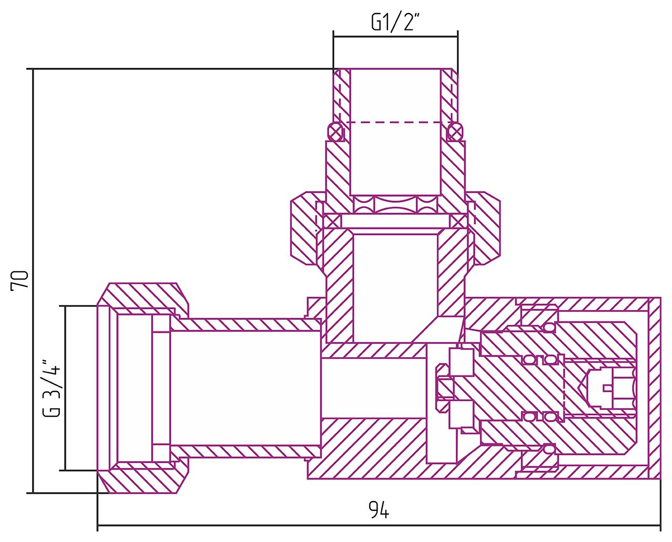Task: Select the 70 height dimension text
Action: [19, 280]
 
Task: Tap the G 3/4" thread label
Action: [52, 388]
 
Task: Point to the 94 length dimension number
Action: [379, 510]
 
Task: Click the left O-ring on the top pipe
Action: [335, 131]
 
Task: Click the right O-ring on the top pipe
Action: [455, 131]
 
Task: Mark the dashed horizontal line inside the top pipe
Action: [394, 122]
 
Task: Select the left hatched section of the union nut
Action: [303, 228]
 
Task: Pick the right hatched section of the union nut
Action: [486, 228]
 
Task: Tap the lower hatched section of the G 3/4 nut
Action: [142, 479]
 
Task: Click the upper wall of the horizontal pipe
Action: [247, 325]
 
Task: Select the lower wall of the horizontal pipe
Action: [247, 451]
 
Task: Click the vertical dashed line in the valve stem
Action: [563, 388]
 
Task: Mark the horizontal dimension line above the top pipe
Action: [395, 37]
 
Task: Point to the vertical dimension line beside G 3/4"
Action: [65, 388]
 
